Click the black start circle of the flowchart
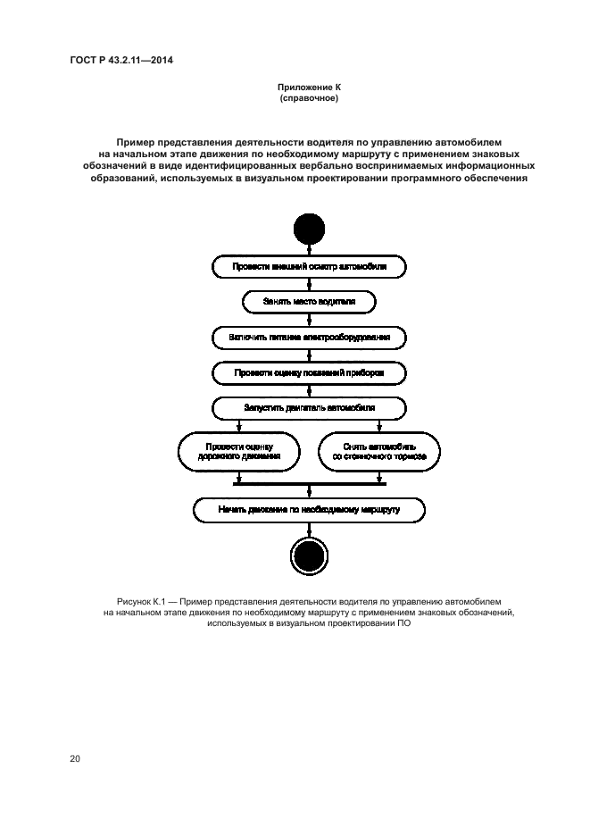coord(309,230)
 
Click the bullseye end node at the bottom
coord(309,557)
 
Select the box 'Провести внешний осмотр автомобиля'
coord(309,266)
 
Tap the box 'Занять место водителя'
coord(309,302)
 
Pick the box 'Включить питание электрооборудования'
coord(309,338)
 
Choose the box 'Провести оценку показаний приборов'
coord(309,372)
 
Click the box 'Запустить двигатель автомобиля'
coord(309,408)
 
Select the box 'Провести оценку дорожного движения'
coord(237,450)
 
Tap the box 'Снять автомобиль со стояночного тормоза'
coord(379,450)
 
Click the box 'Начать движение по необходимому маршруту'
coord(309,509)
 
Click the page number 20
coord(75,759)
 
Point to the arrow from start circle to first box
coord(309,250)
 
